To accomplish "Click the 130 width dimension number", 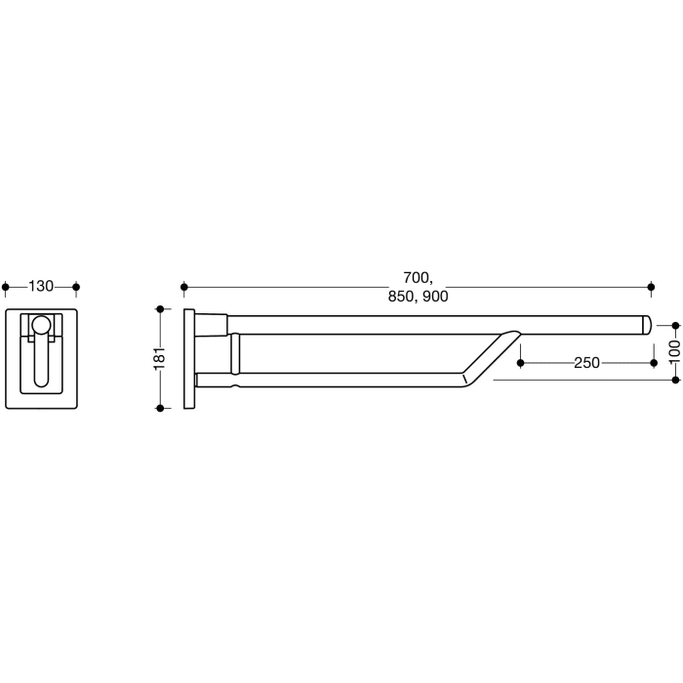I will point(41,287).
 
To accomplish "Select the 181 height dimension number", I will point(160,358).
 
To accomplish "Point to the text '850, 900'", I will point(418,297).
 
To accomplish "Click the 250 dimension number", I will point(586,363).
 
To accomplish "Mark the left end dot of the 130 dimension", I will point(7,287).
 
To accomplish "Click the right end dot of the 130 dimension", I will point(76,287).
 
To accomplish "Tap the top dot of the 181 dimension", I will point(160,309).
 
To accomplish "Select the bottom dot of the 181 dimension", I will point(160,407).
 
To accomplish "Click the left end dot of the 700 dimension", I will point(183,287).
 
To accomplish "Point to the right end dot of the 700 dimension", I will point(652,287).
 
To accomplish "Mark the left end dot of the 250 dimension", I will point(520,363).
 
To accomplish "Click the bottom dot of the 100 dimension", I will point(674,380).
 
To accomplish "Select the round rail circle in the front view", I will point(41,326).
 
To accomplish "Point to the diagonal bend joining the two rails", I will point(488,357).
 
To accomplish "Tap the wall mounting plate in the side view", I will point(188,358).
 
